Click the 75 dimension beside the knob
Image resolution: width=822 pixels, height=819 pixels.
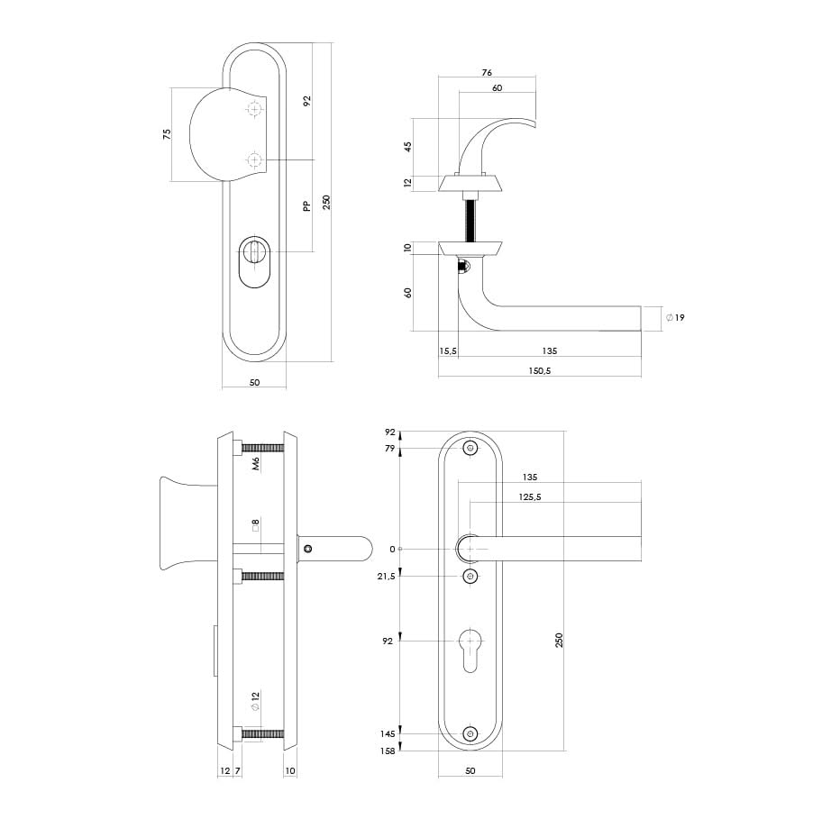point(167,134)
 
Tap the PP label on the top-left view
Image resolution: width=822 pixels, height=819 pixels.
point(306,206)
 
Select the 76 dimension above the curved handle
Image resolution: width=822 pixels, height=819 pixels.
point(487,73)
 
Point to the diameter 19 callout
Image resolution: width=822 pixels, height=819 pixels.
point(675,317)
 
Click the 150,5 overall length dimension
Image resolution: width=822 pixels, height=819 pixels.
point(539,370)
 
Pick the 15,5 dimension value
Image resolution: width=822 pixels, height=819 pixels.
point(448,351)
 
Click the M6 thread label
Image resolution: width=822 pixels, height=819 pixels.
point(256,464)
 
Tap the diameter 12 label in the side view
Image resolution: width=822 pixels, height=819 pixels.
point(255,701)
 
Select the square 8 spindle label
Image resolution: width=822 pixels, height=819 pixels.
point(256,525)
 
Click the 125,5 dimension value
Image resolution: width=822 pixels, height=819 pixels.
point(530,496)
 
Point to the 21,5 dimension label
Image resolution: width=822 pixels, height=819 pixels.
point(386,577)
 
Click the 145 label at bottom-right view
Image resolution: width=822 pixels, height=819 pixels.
point(388,734)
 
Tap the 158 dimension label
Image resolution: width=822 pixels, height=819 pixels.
point(388,751)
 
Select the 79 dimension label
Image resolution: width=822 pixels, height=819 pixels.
point(389,449)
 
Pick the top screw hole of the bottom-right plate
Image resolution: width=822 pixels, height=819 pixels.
point(470,448)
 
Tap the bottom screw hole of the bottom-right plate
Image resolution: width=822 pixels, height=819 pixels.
point(470,734)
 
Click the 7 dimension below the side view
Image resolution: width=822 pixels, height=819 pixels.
point(237,770)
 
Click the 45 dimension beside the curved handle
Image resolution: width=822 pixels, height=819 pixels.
point(408,147)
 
